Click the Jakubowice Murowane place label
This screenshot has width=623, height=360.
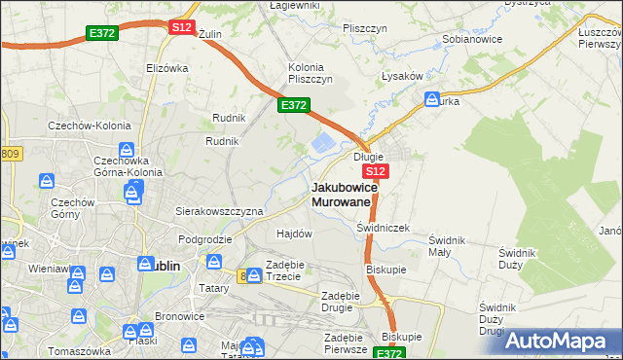point(341,194)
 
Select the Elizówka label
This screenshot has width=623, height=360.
point(166,68)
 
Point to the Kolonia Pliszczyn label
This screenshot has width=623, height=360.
point(311,73)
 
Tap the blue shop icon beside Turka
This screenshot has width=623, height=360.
point(431,99)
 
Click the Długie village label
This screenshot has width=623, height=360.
point(368,157)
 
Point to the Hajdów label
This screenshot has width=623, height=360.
point(294,234)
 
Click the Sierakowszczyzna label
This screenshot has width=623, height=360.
point(219,210)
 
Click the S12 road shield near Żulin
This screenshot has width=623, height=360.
point(181,28)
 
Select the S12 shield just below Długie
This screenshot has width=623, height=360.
point(378,171)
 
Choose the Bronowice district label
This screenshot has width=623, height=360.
point(180,317)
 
